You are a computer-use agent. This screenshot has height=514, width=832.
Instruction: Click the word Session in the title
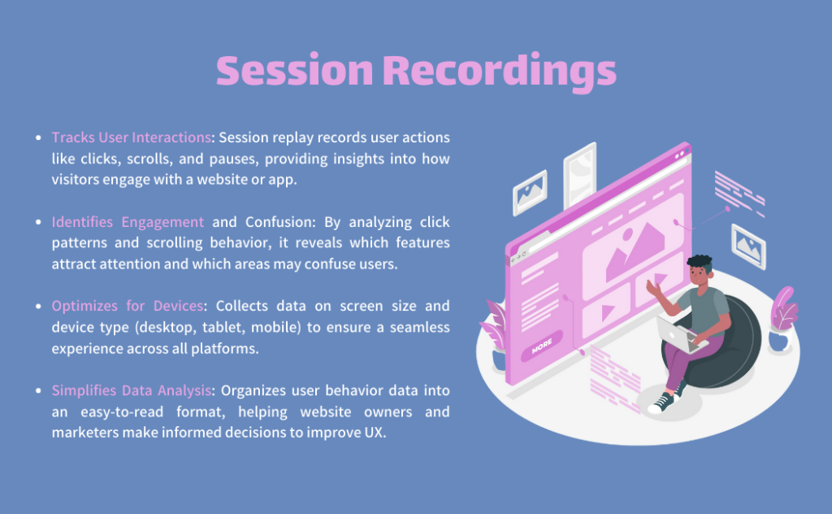point(295,70)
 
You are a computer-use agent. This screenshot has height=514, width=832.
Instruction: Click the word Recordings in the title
point(500,72)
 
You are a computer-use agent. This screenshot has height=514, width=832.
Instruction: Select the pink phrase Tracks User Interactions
point(132,137)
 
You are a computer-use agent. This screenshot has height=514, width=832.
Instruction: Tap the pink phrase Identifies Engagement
point(128,222)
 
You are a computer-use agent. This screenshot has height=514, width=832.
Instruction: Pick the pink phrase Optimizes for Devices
point(128,306)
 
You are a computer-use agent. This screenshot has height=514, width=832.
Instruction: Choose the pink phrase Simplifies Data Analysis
point(132,390)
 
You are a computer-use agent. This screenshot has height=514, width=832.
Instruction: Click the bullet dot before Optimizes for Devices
point(38,307)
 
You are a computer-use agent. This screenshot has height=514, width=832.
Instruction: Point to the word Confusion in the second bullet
point(279,222)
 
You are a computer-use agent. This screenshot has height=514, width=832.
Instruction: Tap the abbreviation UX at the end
point(374,432)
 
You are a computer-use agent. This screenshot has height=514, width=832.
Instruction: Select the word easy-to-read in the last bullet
point(122,412)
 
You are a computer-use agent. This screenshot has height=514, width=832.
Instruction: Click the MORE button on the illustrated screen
point(542,346)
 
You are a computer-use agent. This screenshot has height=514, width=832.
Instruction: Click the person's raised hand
point(652,288)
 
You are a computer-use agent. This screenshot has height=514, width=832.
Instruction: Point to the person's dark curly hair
point(700,263)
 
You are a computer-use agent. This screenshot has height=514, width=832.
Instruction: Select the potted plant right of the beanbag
point(782,320)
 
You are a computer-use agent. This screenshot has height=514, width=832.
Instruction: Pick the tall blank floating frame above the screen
point(579,175)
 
